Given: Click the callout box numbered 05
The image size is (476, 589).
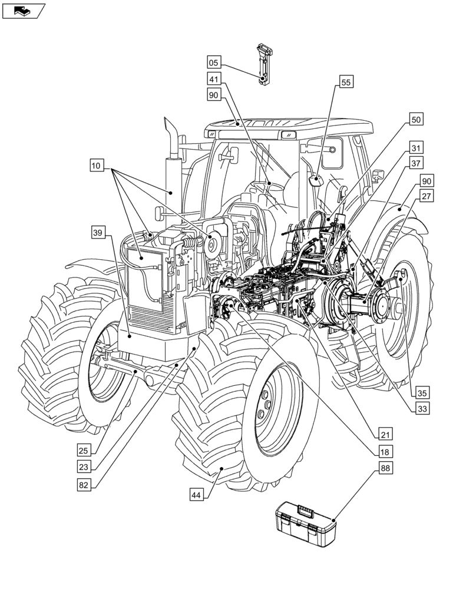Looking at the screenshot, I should click(x=214, y=62).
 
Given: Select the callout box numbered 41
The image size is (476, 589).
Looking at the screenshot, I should click(x=214, y=78).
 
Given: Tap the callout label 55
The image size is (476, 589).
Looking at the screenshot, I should click(x=346, y=83).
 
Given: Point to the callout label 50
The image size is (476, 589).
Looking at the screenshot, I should click(x=416, y=120).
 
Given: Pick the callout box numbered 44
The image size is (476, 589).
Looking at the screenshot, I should click(x=198, y=495).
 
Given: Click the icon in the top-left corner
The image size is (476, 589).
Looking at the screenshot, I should click(x=24, y=10).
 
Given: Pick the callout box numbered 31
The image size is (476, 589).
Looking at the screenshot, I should click(x=416, y=148).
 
